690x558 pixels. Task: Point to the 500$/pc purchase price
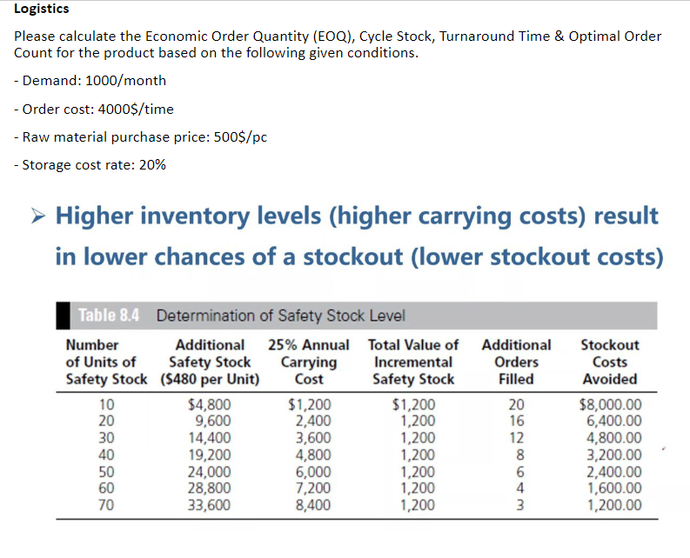(x=229, y=136)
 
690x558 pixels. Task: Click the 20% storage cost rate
(x=151, y=164)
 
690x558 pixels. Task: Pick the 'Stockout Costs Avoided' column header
(x=609, y=362)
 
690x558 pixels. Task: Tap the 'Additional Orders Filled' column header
(x=516, y=362)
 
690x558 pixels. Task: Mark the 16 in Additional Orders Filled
(x=516, y=421)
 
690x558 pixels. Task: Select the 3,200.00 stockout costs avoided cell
(x=613, y=455)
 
